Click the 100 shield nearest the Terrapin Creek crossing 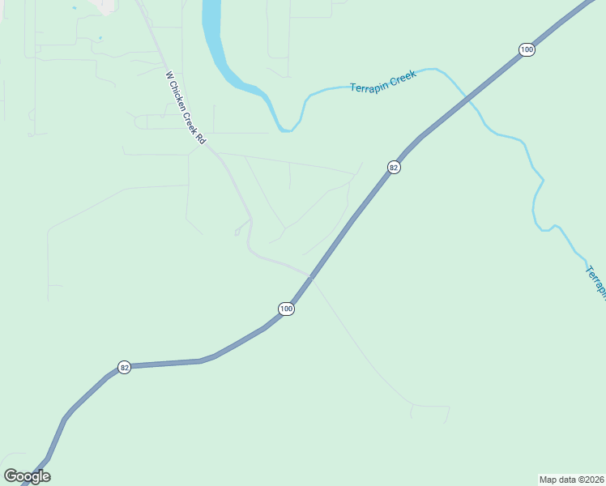tap(527, 50)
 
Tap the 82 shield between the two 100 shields tap(394, 168)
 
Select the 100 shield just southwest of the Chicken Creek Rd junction tap(286, 309)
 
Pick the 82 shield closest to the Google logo tap(124, 367)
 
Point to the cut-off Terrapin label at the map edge tap(596, 282)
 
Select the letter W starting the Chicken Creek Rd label tap(169, 75)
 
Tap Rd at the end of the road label tap(199, 139)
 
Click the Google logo tap(27, 476)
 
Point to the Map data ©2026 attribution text tap(572, 479)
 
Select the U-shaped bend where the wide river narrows tap(284, 128)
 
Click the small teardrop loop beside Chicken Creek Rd tap(237, 232)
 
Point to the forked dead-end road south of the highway tap(429, 409)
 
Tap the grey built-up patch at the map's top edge tap(104, 5)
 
